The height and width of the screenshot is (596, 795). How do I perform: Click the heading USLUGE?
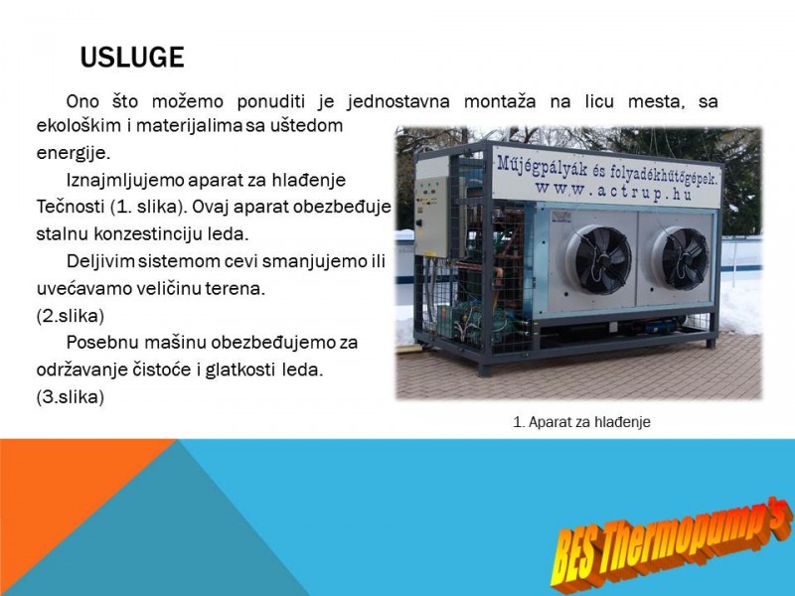(132, 58)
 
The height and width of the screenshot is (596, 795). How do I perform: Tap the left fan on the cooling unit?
(599, 259)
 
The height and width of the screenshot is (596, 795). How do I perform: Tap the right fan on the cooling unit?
(681, 258)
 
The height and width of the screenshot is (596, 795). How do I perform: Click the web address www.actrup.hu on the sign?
(613, 191)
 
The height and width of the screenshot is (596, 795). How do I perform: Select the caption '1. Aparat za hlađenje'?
(581, 421)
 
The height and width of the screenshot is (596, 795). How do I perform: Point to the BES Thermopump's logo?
(672, 545)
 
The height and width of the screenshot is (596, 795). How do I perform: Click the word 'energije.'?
(73, 153)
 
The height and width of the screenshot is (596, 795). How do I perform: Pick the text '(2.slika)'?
(70, 316)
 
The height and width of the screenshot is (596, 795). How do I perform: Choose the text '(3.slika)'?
(70, 396)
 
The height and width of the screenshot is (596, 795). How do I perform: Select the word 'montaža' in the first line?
(500, 101)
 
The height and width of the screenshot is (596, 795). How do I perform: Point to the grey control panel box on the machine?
(431, 217)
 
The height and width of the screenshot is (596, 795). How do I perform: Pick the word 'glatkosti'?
(241, 370)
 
